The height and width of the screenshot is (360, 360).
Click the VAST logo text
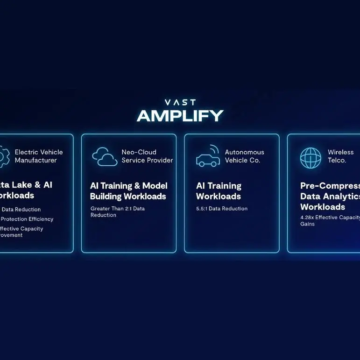point(180,102)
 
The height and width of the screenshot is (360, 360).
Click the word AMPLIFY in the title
point(180,115)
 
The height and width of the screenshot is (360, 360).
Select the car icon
point(207,159)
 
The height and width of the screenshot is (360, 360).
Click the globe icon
point(311,157)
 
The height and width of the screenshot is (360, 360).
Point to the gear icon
point(3,157)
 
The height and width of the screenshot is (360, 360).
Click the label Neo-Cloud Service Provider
point(147,156)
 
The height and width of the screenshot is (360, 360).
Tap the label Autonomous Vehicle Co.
point(244,156)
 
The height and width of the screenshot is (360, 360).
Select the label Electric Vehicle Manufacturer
point(38,156)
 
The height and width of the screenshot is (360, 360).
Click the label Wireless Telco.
point(340,156)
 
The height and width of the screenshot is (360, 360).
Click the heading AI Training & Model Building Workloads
point(128,191)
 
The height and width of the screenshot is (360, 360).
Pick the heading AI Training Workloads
point(219,191)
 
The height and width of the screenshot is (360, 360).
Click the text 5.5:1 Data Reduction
point(222,209)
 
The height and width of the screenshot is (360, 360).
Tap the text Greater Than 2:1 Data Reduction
point(118,212)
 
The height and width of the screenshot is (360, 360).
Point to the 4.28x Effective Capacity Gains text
point(330,220)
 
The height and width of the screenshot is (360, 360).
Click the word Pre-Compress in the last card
point(330,186)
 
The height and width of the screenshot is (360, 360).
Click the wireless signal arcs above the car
point(215,149)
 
